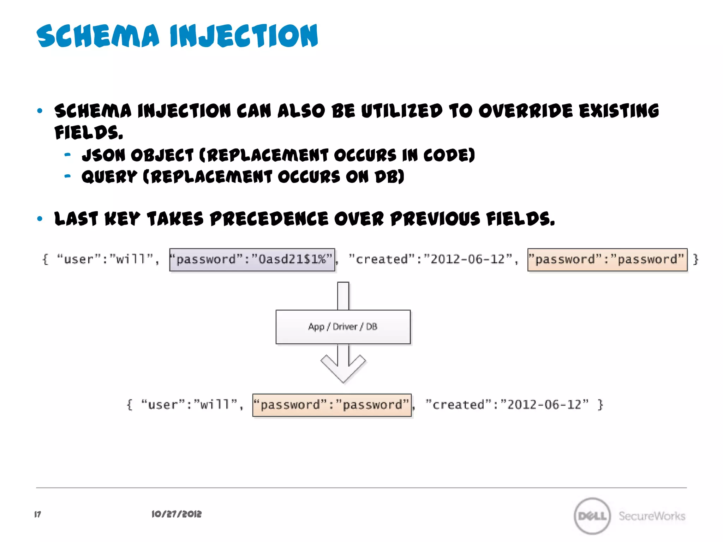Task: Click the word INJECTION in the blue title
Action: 244,36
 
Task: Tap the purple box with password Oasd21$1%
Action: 252,260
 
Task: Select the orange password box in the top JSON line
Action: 607,260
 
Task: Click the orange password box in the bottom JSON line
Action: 332,405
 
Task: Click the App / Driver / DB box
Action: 343,327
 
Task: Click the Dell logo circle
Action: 592,516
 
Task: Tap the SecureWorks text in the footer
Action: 652,516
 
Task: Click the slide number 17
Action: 37,514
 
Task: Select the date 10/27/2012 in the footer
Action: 177,514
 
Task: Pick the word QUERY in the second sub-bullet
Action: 109,176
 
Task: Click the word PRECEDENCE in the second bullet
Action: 269,219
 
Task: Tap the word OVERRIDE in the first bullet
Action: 526,111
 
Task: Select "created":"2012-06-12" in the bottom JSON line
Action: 507,405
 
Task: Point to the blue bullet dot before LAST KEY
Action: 40,219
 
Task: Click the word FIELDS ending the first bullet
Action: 88,133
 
